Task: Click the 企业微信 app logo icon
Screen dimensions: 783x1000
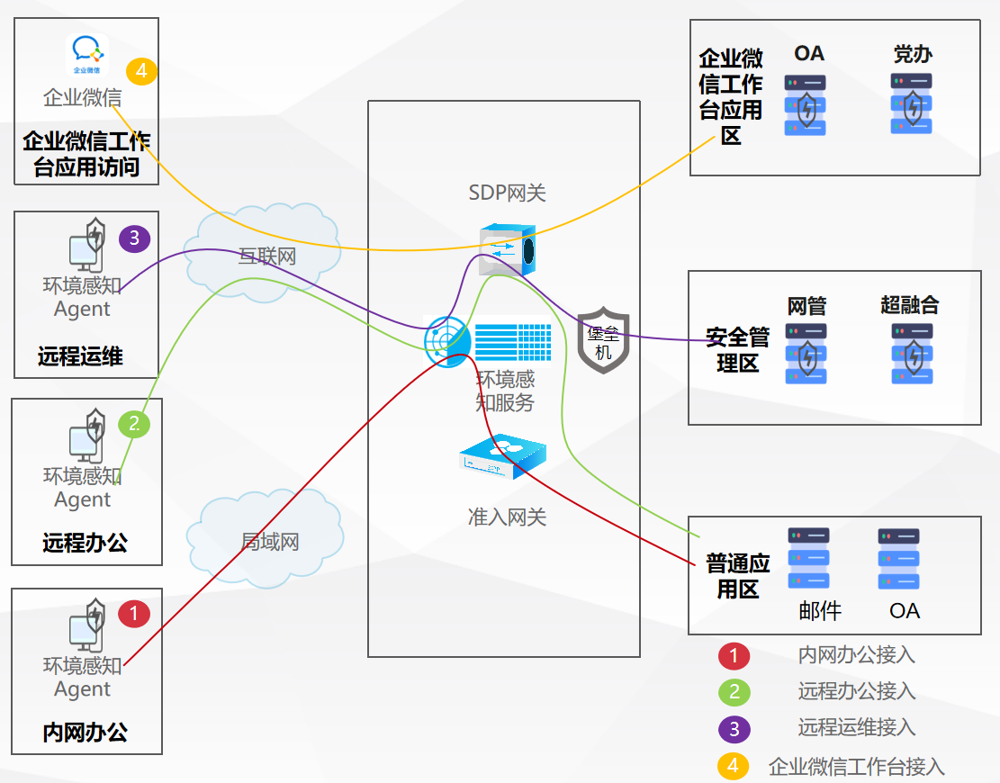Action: coord(87,55)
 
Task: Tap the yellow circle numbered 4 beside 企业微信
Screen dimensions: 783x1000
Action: coord(141,71)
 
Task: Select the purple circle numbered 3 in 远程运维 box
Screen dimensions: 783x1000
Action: coord(134,238)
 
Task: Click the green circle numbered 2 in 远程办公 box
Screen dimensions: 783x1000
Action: coord(134,423)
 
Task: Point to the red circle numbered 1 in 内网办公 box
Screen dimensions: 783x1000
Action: coord(134,615)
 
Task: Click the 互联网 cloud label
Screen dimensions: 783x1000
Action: coord(266,256)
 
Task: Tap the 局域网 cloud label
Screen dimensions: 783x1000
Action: coord(269,542)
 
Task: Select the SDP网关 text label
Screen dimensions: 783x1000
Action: coord(507,193)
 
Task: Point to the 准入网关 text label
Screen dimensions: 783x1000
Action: coord(507,517)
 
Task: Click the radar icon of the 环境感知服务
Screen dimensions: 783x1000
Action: coord(447,341)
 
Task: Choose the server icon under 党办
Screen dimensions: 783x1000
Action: coord(911,104)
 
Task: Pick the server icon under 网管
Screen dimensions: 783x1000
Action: coord(806,354)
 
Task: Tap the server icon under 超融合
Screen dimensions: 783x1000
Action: coord(911,354)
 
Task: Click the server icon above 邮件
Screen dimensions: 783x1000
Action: coord(807,559)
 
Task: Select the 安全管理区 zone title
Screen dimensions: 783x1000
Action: coord(737,350)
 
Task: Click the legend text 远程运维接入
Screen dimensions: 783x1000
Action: coord(856,727)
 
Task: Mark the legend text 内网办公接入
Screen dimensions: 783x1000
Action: coord(856,654)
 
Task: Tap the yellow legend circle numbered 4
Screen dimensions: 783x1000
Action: coord(734,766)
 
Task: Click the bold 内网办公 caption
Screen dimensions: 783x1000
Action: coord(86,733)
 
